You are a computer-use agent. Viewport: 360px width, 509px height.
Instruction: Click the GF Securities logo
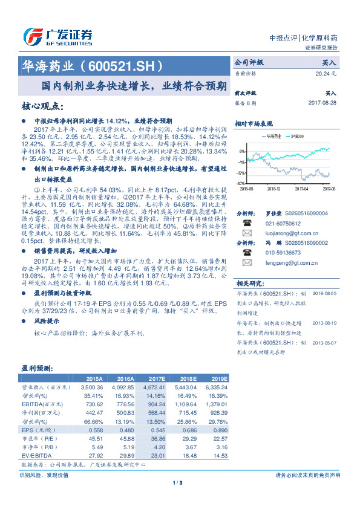click(57, 36)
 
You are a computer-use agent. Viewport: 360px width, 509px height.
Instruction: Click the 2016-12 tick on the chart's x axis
click(275, 189)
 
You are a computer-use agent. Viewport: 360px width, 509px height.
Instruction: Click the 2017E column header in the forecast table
click(150, 378)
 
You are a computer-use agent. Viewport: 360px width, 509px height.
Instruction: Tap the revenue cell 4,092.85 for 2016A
click(123, 386)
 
